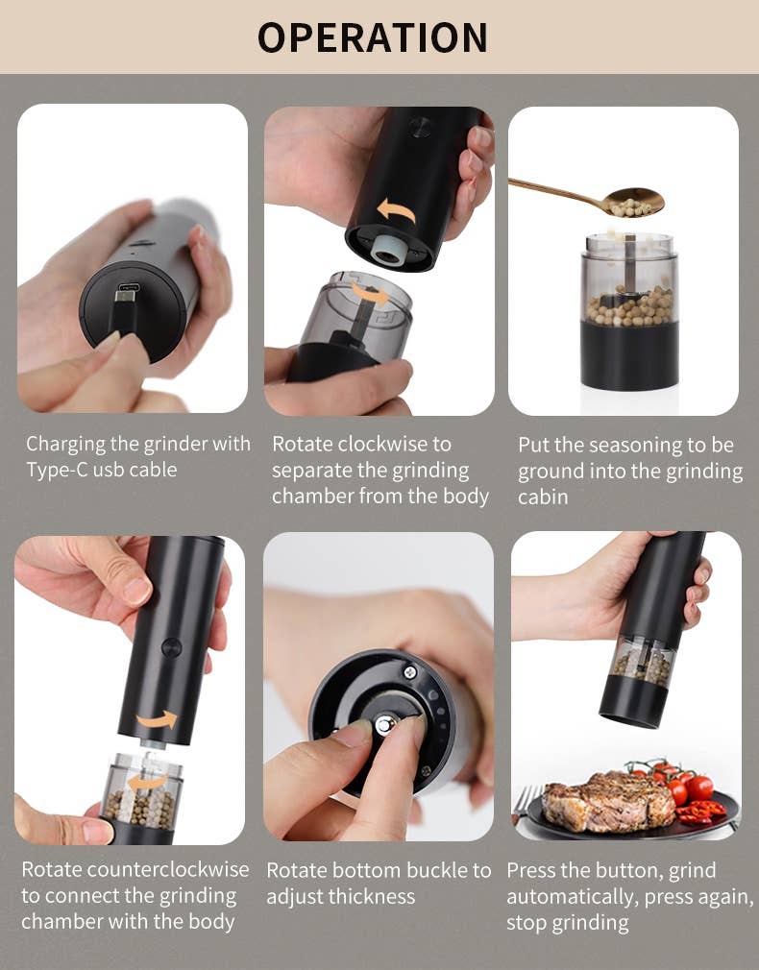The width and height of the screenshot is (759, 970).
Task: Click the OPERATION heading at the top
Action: [373, 36]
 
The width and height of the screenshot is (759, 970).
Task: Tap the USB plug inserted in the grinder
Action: [125, 305]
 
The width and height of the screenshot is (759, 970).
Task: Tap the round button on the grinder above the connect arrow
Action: [171, 646]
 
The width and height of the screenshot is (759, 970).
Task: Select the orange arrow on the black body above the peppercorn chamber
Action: [158, 719]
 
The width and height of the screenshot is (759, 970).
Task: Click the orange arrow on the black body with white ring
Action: [395, 209]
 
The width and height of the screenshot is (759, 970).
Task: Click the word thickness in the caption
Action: [369, 896]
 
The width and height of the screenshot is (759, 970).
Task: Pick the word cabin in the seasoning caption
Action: [543, 497]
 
